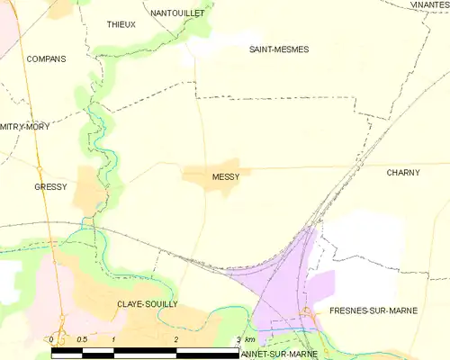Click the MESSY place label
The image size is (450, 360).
[226, 177]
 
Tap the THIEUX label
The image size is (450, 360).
[121, 24]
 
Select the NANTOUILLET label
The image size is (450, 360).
[177, 13]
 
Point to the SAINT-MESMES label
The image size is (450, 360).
[279, 49]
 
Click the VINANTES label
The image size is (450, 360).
[430, 4]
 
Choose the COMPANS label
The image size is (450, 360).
[46, 58]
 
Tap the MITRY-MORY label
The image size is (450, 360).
[25, 127]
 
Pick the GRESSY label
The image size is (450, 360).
[50, 186]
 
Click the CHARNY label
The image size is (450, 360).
[403, 172]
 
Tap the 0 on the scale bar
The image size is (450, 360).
[52, 339]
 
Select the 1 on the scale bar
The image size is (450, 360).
[114, 339]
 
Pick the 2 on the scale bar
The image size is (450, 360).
[176, 339]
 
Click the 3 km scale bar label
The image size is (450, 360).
[245, 339]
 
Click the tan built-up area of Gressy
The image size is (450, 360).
[88, 189]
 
